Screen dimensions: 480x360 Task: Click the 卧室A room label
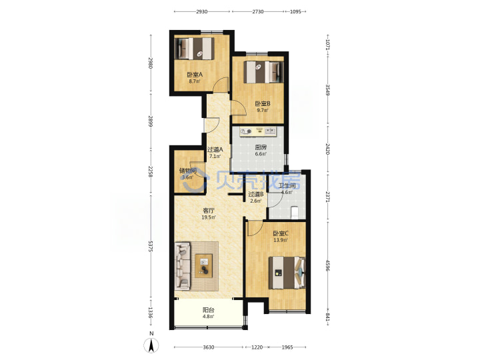(195, 75)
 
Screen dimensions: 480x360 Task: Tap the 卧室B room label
(263, 104)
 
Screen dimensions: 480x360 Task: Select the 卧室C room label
(281, 233)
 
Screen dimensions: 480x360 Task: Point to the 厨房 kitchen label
(261, 147)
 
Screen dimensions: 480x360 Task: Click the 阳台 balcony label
(208, 310)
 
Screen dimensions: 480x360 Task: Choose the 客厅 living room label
(209, 211)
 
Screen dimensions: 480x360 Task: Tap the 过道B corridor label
(255, 194)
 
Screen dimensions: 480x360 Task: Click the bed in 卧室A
(194, 48)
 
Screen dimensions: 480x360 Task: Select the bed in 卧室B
(263, 72)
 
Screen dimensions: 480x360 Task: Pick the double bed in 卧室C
(287, 273)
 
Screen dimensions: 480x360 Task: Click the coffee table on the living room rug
(204, 266)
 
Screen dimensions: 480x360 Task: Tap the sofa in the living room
(183, 266)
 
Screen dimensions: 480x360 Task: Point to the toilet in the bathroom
(294, 213)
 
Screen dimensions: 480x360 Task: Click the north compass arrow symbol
(151, 345)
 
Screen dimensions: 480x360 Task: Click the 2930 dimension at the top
(202, 11)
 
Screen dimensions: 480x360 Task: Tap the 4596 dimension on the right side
(327, 266)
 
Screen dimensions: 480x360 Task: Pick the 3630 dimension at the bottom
(209, 347)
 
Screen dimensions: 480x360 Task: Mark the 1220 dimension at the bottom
(257, 347)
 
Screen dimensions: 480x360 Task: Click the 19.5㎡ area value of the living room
(209, 217)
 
